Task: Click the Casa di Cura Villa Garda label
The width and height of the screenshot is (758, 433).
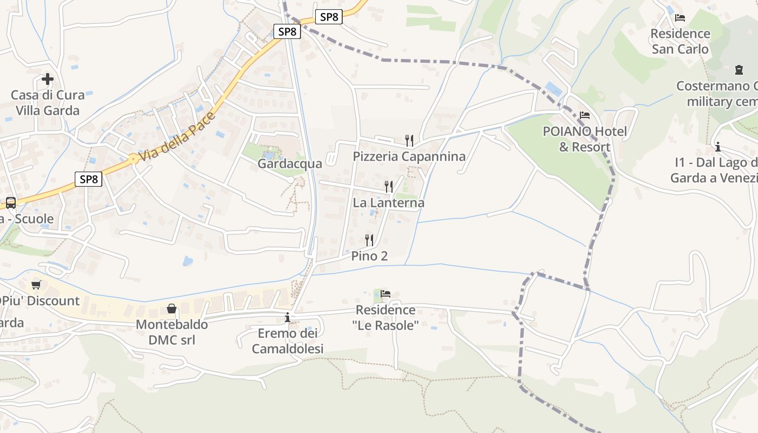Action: click(x=48, y=103)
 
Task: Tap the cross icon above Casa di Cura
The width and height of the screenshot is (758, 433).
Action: click(x=48, y=79)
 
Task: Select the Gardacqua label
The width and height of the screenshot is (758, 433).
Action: click(x=290, y=163)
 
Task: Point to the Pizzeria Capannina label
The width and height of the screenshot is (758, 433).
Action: click(x=409, y=156)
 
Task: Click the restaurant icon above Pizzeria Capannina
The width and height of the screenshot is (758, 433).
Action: click(x=409, y=140)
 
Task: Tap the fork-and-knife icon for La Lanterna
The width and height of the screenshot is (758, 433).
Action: click(x=388, y=187)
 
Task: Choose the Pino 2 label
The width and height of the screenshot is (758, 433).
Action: click(x=370, y=256)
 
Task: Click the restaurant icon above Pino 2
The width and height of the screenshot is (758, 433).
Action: click(x=369, y=240)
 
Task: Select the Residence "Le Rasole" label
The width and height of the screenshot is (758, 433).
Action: click(x=385, y=318)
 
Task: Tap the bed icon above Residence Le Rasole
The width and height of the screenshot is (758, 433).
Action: click(x=385, y=294)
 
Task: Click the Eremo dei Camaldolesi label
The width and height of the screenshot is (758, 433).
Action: click(x=287, y=341)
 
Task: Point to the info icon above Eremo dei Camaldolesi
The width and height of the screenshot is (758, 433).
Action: click(x=287, y=317)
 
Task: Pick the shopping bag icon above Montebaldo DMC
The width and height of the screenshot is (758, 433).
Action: click(x=172, y=309)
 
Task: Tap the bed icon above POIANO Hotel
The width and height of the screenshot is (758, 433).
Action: click(x=585, y=115)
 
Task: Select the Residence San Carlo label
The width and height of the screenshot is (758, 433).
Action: click(x=680, y=41)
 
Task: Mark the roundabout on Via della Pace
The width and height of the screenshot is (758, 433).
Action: click(x=133, y=159)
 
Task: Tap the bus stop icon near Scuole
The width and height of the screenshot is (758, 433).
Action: click(x=10, y=203)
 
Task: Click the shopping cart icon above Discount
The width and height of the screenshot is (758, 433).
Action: click(x=36, y=285)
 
